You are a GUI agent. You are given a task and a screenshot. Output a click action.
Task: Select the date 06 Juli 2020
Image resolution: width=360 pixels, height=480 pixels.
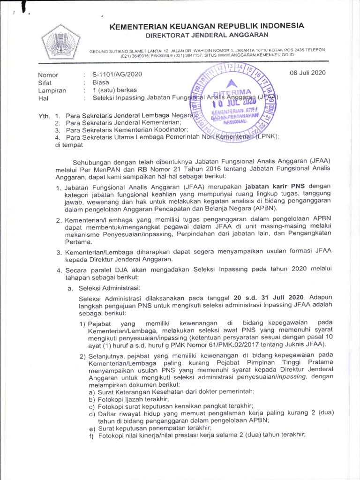(x=307, y=73)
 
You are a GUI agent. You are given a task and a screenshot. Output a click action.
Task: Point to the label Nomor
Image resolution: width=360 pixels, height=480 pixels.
(x=48, y=75)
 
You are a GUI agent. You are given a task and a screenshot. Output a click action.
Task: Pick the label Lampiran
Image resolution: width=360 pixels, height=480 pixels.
(x=52, y=90)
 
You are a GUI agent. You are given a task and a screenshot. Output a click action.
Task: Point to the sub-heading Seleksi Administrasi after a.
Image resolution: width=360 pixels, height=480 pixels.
(x=109, y=287)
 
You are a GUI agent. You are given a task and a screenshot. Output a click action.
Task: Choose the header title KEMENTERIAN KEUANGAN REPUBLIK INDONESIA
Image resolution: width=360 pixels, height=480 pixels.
(x=207, y=25)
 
